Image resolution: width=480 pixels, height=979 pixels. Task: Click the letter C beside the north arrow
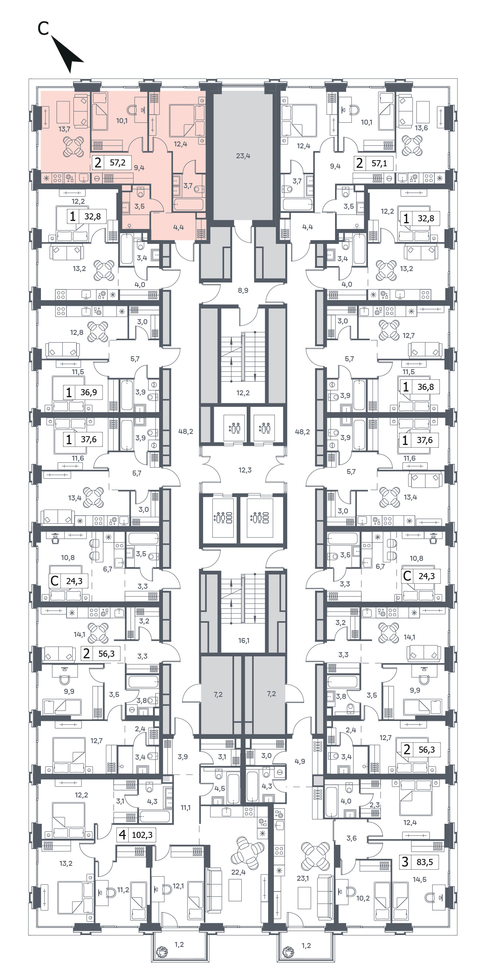tap(43, 28)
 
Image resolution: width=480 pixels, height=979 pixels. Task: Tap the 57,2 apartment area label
tap(117, 162)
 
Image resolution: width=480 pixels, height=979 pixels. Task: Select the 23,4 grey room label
tap(243, 156)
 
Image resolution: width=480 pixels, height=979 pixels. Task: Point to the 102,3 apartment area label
tap(142, 835)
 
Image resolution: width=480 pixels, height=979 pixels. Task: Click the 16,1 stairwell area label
tap(244, 640)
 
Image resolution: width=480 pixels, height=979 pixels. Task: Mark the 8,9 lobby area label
tap(243, 290)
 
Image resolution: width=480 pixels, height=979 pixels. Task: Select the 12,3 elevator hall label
tap(245, 470)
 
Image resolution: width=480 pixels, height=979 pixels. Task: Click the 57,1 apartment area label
tap(379, 163)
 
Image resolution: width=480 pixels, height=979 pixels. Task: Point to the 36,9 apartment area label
tap(89, 392)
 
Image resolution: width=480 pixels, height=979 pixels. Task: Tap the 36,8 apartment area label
tap(426, 386)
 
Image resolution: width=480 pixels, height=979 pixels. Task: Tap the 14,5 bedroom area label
tap(420, 879)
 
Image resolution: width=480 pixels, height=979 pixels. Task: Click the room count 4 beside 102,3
tap(122, 834)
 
